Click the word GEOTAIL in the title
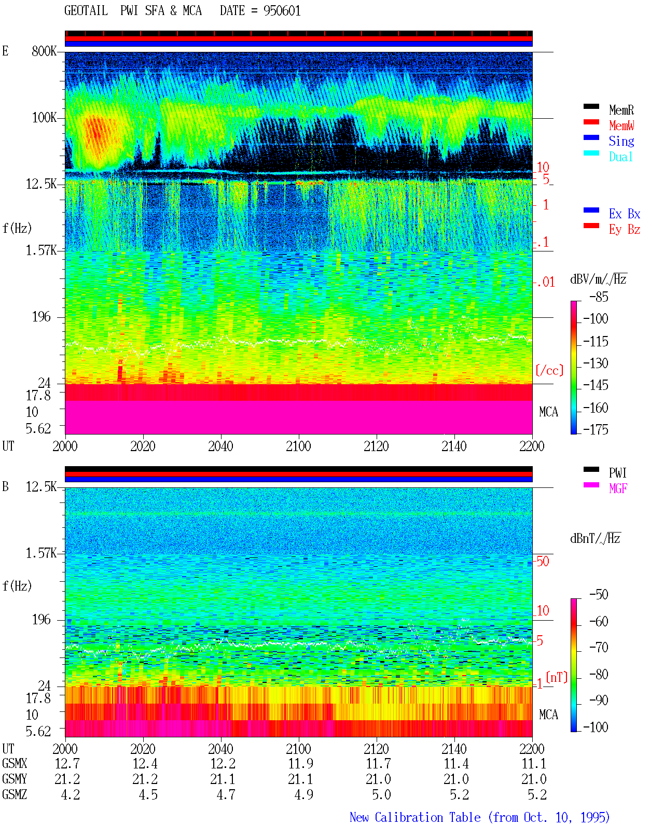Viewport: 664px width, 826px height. tap(86, 11)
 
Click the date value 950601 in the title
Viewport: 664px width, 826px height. tap(282, 11)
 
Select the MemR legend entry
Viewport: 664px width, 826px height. tap(621, 110)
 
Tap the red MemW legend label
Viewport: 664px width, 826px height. tap(621, 125)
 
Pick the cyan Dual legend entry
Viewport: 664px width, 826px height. tap(620, 157)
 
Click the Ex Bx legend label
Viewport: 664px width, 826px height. tap(625, 214)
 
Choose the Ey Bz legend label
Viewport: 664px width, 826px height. tap(625, 230)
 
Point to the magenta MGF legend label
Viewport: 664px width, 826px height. tap(618, 488)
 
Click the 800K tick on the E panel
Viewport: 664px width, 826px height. tap(44, 51)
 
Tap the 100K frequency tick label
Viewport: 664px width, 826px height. tap(44, 118)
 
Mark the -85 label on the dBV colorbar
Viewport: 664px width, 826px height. tap(599, 297)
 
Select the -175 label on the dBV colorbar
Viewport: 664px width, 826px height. tap(596, 429)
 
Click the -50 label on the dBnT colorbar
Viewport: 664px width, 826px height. tap(599, 595)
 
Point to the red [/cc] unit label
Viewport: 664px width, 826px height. tap(549, 370)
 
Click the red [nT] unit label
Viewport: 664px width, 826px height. tap(557, 677)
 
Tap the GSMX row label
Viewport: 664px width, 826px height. tap(15, 763)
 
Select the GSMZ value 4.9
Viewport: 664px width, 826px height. tap(303, 794)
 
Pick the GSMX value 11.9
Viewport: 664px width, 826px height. tap(300, 763)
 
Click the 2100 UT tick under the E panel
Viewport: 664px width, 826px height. tap(298, 446)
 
